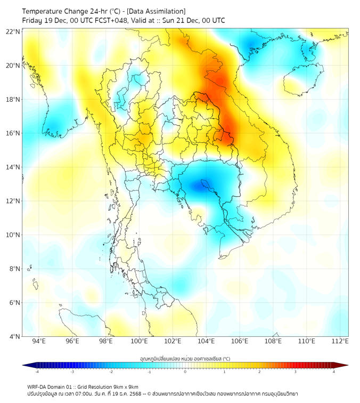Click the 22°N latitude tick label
click(13, 31)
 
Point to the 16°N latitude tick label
click(13, 133)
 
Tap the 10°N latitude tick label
click(13, 235)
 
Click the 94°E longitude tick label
click(39, 342)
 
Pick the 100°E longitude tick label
click(140, 342)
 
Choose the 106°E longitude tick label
click(240, 342)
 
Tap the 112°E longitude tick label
click(340, 342)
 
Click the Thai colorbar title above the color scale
click(185, 358)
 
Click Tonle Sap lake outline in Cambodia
click(205, 184)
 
